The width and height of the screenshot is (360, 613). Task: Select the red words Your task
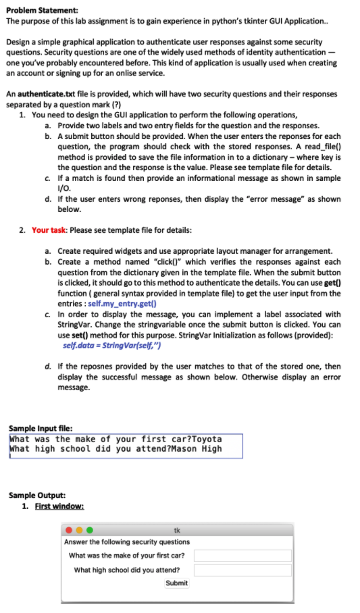click(48, 230)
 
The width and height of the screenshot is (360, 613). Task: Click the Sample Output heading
click(37, 496)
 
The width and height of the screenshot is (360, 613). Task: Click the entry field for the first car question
click(243, 555)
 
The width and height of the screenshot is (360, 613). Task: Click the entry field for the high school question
click(243, 570)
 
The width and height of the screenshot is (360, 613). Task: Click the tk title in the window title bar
click(177, 530)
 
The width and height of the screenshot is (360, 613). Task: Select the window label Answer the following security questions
click(127, 541)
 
